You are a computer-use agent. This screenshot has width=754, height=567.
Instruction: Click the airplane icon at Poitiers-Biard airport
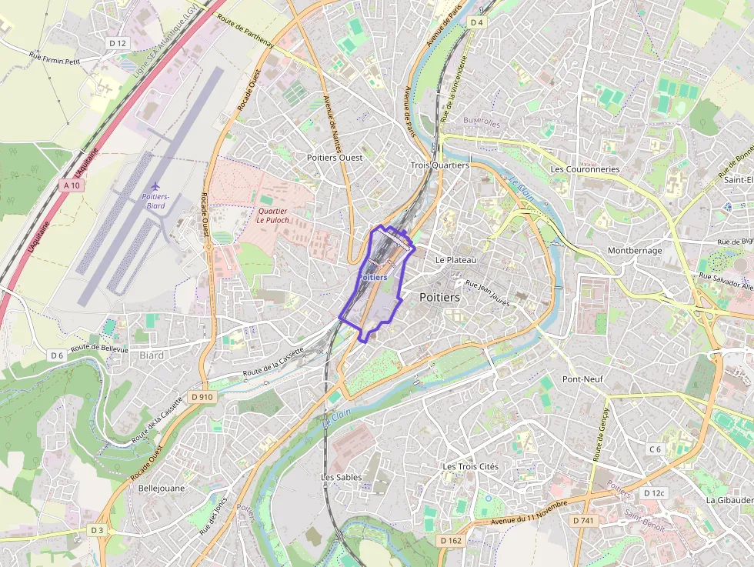pyautogui.click(x=156, y=186)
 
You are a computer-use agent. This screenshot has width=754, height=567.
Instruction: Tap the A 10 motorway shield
pyautogui.click(x=72, y=185)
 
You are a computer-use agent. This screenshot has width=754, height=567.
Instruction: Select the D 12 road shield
pyautogui.click(x=117, y=43)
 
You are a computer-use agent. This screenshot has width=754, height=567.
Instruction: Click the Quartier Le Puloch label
pyautogui.click(x=272, y=215)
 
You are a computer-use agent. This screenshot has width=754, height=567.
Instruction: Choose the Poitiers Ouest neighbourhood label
pyautogui.click(x=335, y=157)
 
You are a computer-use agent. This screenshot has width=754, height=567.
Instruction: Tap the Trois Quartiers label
pyautogui.click(x=439, y=165)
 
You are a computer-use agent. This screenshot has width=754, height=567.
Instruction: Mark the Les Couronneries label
pyautogui.click(x=585, y=169)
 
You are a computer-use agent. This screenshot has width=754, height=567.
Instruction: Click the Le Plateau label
pyautogui.click(x=455, y=260)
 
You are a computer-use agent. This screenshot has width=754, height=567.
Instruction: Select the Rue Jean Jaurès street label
pyautogui.click(x=488, y=293)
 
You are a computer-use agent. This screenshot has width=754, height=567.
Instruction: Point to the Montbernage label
pyautogui.click(x=634, y=251)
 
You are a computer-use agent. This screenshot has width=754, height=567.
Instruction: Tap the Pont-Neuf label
pyautogui.click(x=582, y=379)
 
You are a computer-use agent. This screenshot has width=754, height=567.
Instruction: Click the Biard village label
pyautogui.click(x=152, y=355)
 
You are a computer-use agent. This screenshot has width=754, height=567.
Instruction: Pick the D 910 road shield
pyautogui.click(x=202, y=396)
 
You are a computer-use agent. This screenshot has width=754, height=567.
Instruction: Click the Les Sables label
pyautogui.click(x=341, y=477)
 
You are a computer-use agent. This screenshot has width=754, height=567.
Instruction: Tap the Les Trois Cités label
pyautogui.click(x=470, y=467)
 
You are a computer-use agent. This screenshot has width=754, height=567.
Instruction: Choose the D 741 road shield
pyautogui.click(x=583, y=521)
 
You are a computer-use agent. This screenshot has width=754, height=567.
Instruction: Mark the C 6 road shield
pyautogui.click(x=655, y=449)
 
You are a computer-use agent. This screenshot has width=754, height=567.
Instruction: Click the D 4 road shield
pyautogui.click(x=477, y=22)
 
